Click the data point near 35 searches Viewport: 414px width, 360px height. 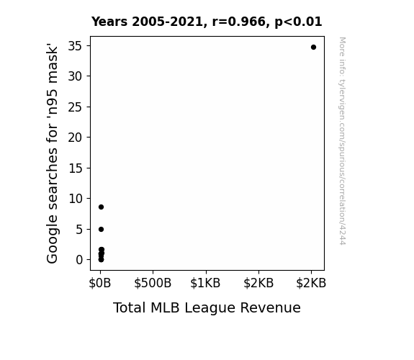point(313,48)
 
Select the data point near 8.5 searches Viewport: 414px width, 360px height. point(101,207)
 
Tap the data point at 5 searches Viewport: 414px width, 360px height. point(101,229)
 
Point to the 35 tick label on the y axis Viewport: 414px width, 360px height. point(76,46)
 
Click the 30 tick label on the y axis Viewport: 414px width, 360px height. point(76,76)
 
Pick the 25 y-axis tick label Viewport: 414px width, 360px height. point(76,107)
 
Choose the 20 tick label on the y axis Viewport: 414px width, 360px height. point(76,138)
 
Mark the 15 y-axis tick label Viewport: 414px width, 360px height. point(76,168)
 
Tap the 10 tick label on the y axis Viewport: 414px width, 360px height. point(76,198)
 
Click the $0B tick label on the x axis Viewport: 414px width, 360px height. point(100,283)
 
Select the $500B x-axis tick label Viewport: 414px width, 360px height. point(153,283)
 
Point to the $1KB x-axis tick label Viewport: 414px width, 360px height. point(205,283)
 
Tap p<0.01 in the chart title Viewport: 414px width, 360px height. point(298,22)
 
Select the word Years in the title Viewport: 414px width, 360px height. point(109,22)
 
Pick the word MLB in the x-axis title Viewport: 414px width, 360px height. point(165,307)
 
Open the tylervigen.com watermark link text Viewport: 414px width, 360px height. point(342,141)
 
